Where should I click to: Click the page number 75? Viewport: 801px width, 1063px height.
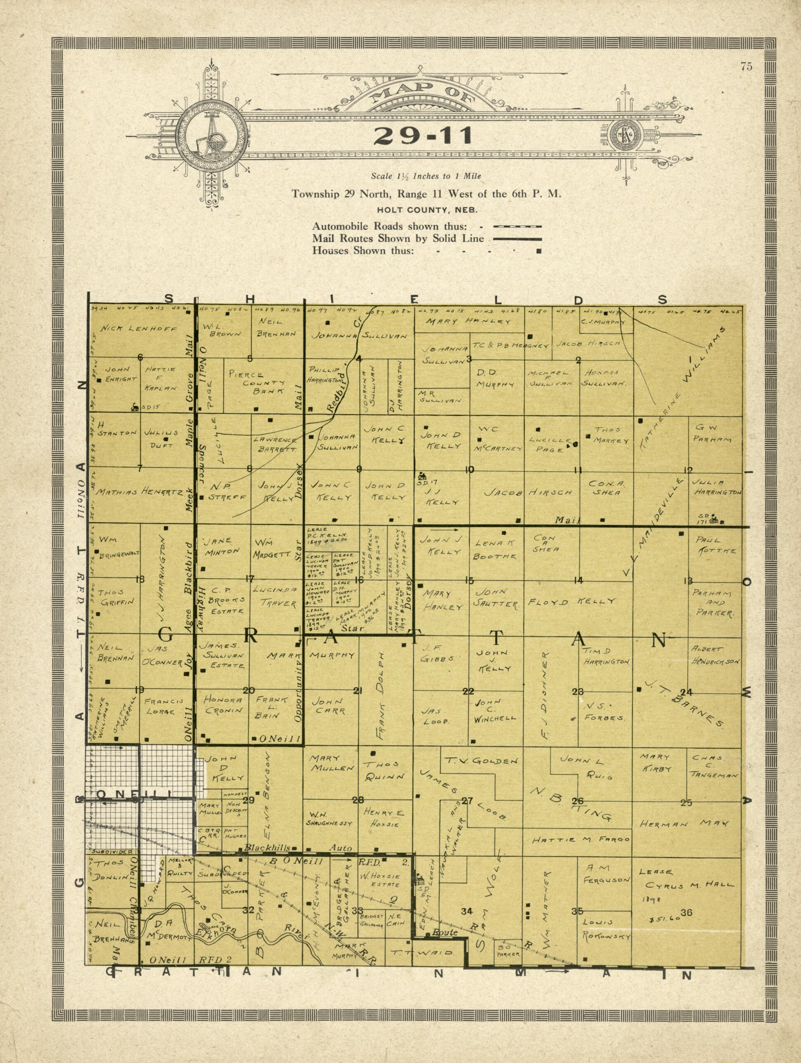tap(746, 67)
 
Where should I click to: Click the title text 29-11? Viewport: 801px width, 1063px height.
tap(423, 137)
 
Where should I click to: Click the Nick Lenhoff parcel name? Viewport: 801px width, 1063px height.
tap(140, 329)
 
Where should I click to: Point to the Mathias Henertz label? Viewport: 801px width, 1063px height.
tap(138, 492)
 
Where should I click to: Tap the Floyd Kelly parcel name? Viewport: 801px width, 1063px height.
tap(571, 602)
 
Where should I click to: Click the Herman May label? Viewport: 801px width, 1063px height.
tap(684, 824)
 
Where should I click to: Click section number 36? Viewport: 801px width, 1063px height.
tap(686, 912)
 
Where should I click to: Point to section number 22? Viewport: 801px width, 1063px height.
tap(468, 692)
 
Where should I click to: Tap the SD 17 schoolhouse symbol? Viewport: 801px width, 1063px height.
tap(423, 476)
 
